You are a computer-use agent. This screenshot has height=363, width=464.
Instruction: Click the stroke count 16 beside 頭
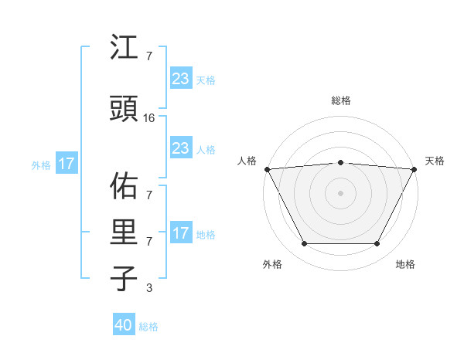point(149,118)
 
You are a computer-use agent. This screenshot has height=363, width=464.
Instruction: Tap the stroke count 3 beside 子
point(149,289)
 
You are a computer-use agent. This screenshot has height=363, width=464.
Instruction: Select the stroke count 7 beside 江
point(149,56)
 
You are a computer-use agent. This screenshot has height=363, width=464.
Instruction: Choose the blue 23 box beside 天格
point(180,79)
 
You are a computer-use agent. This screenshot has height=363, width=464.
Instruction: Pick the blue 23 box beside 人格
point(180,148)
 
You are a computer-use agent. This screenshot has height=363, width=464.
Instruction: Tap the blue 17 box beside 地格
point(180,233)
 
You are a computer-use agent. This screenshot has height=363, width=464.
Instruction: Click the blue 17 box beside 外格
point(66,164)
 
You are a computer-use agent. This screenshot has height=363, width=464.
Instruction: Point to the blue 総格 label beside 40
point(148,327)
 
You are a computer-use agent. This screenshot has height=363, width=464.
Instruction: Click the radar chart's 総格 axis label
point(341,100)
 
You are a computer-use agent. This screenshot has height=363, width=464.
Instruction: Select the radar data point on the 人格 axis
point(267,168)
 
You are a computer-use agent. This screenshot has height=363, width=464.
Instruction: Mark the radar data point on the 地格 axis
point(377,244)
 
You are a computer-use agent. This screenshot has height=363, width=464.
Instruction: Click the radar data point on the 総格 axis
point(341,162)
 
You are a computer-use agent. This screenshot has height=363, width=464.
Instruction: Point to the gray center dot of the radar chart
point(341,192)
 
